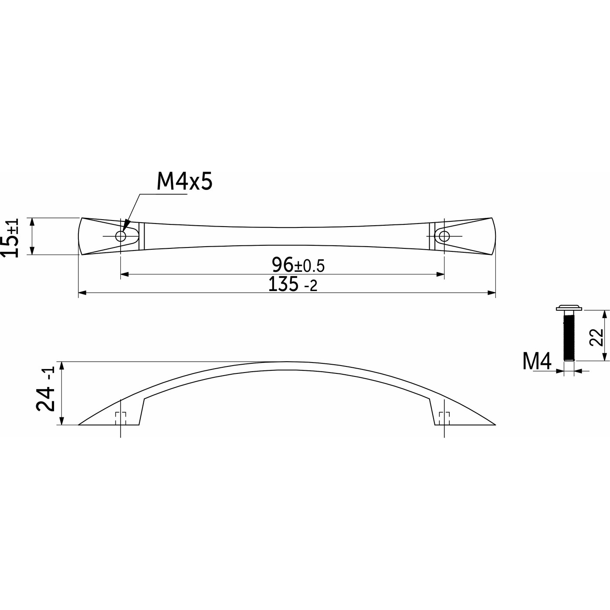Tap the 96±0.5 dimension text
click(x=298, y=265)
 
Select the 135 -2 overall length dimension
click(x=292, y=284)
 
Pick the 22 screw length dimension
click(x=596, y=337)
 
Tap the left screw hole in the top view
click(x=121, y=236)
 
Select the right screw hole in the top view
click(x=444, y=236)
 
